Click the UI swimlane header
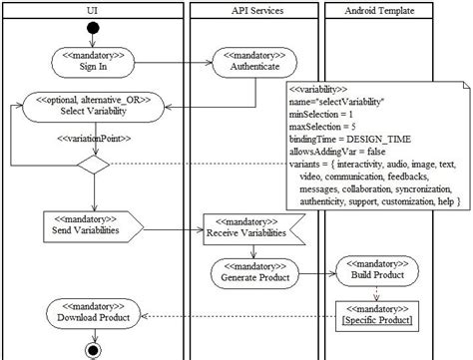pos(93,10)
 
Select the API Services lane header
pos(250,10)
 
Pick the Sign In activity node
pos(94,63)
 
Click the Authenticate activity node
pos(250,63)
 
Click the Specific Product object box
pos(374,317)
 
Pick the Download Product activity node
pos(94,317)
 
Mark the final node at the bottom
pos(94,351)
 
